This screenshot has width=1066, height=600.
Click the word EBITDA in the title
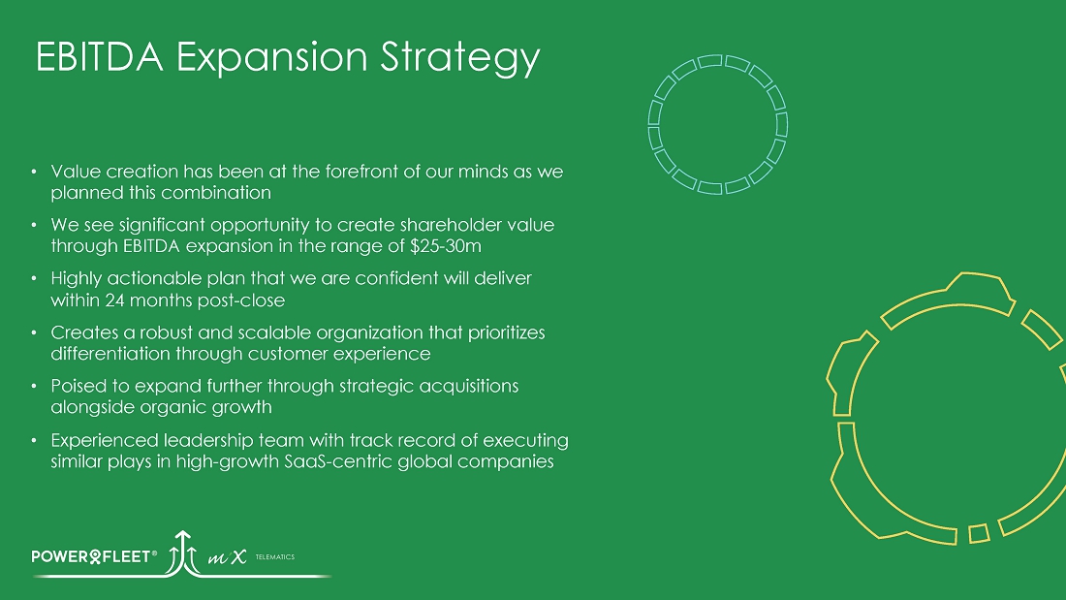tap(99, 56)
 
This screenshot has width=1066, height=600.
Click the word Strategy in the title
tap(460, 58)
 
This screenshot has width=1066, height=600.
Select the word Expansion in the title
tap(272, 58)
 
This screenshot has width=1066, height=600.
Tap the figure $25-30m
tap(446, 245)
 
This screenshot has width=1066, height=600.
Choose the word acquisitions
tap(468, 387)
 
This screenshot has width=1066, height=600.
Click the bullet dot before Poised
tap(34, 387)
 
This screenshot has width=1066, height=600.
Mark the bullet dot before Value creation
tap(34, 172)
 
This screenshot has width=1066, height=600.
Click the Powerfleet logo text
tap(94, 556)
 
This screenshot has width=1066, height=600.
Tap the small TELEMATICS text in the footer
tap(274, 557)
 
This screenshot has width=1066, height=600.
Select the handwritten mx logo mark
tap(227, 557)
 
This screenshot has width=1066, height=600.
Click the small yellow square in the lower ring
tap(979, 533)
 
